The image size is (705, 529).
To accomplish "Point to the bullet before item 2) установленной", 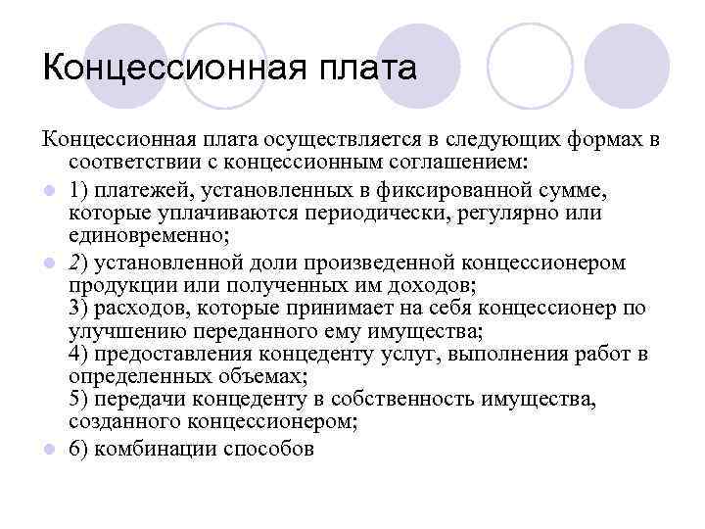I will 50,264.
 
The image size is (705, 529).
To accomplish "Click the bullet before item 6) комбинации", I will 50,450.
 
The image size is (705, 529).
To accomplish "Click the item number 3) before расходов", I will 81,308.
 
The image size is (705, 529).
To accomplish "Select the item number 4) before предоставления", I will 81,354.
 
